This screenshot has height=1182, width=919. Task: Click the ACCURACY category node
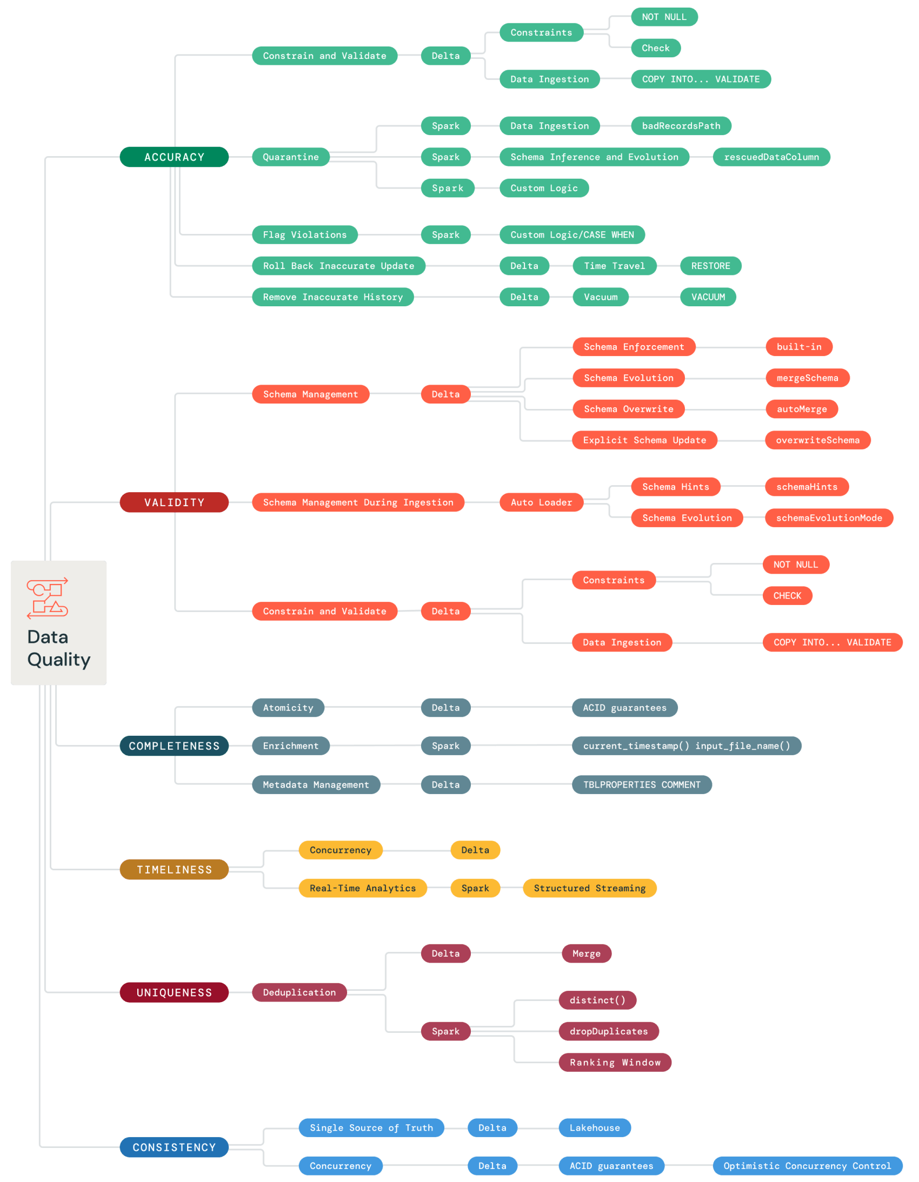pos(174,157)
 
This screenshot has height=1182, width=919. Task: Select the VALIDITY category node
pos(174,502)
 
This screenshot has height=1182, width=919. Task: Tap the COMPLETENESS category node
pos(174,746)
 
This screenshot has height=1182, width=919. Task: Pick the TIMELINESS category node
pos(174,869)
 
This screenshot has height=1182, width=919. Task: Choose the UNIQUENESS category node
pos(174,992)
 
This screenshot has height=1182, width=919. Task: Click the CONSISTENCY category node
pos(174,1147)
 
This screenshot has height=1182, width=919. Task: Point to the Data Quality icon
pos(48,598)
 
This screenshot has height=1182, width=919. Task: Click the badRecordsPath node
pos(681,125)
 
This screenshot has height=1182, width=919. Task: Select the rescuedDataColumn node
pos(771,157)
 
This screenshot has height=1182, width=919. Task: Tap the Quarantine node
pos(290,157)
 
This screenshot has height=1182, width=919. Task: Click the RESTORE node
pos(710,266)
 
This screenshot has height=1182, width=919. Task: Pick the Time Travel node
pos(614,266)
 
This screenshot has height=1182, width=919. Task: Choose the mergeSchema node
pos(807,378)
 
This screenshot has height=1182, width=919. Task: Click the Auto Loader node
pos(541,502)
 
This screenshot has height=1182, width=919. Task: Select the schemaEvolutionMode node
pos(829,518)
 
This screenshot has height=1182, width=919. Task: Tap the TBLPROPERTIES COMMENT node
pos(642,784)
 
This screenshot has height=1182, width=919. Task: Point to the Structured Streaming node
pos(589,888)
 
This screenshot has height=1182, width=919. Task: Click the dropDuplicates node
pos(608,1031)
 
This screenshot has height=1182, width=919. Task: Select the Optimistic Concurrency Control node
pos(807,1165)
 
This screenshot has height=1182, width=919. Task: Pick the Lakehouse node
pos(594,1127)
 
